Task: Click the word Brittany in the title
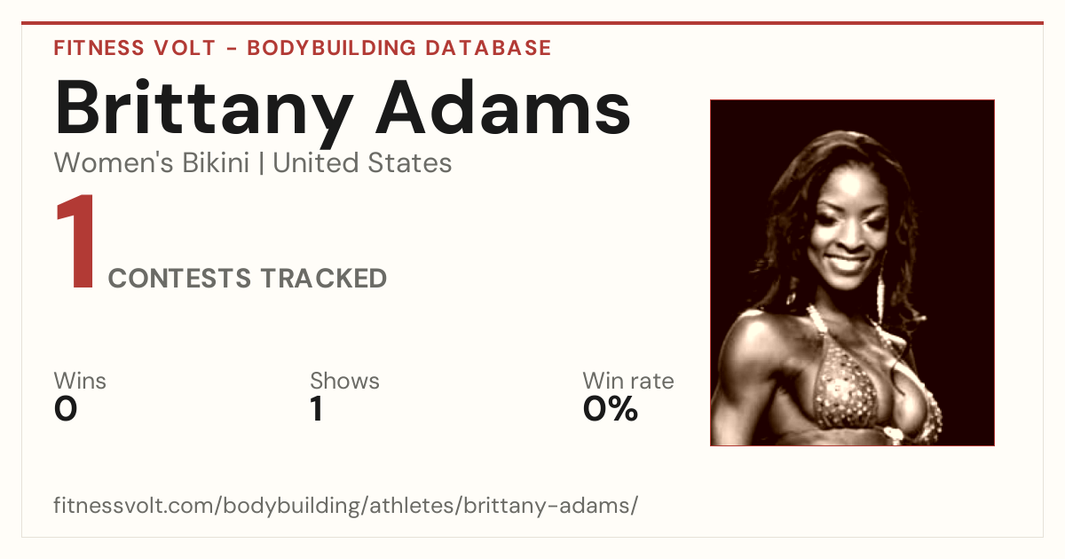tap(204, 112)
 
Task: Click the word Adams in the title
tap(503, 107)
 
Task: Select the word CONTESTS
tap(179, 279)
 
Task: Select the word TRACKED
tap(324, 279)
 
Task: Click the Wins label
tap(80, 381)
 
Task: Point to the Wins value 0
tap(66, 409)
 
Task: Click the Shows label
tap(344, 381)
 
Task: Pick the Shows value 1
tap(317, 409)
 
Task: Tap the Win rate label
tap(628, 381)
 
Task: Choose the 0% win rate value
tap(611, 409)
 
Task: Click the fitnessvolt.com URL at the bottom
tap(345, 506)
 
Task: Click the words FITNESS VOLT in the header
tap(135, 48)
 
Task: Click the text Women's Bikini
tap(152, 163)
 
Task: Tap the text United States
tap(362, 163)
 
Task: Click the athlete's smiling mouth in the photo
tap(847, 263)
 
